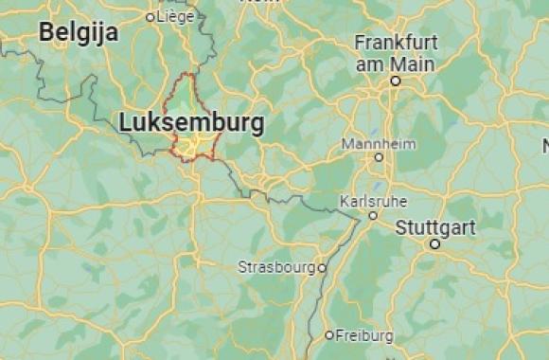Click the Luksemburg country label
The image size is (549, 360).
pos(191,122)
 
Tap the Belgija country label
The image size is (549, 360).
pos(79,33)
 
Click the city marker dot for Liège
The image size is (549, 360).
pos(150,16)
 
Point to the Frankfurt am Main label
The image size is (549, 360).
pos(396,53)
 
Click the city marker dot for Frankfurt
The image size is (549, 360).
pos(396,81)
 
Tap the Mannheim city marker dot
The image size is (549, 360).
pos(379,157)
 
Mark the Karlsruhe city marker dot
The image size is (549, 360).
pos(374,215)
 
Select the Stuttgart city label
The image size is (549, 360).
pos(435,228)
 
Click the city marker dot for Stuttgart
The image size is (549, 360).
pos(434,243)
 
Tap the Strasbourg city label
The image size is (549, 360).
pos(276,267)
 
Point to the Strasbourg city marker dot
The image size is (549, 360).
pos(322,268)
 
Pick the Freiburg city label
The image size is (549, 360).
pos(364,334)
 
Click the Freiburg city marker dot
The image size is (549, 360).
pos(329,334)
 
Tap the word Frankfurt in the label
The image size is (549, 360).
pos(396,43)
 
